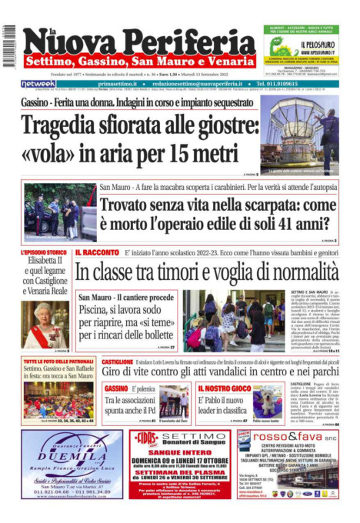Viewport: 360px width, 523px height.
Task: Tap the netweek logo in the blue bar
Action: [38, 84]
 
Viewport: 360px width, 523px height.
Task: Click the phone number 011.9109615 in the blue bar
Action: [288, 84]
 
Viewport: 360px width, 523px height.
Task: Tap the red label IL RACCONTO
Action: [97, 252]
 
